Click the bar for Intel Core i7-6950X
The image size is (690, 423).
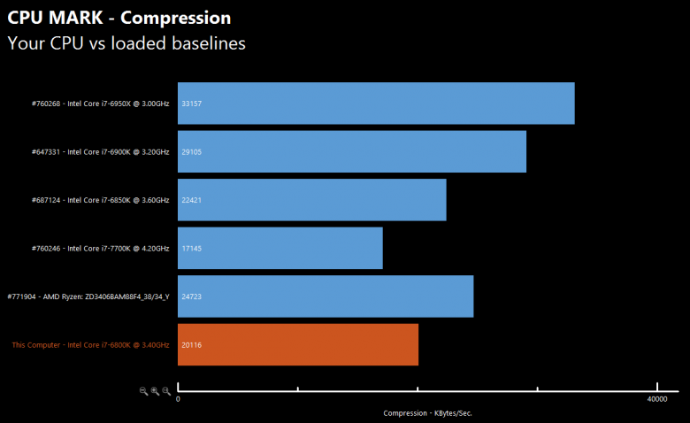click(376, 104)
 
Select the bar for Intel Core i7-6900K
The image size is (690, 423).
click(352, 152)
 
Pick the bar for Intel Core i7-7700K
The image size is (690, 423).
click(280, 248)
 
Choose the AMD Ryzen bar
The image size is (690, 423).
click(326, 296)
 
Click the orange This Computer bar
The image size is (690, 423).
click(297, 344)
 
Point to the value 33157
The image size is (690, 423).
click(191, 104)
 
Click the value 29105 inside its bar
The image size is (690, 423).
click(191, 152)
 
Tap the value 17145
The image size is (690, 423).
click(191, 249)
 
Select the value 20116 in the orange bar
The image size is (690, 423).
click(191, 345)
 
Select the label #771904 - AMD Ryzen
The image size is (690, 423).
click(88, 296)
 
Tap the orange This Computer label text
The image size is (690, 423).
click(90, 345)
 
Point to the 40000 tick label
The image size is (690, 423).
click(655, 401)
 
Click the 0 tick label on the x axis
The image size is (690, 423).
click(179, 401)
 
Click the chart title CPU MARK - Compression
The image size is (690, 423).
click(119, 18)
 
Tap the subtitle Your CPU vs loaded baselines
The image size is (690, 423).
click(126, 42)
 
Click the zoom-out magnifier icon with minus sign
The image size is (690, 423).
click(144, 390)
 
